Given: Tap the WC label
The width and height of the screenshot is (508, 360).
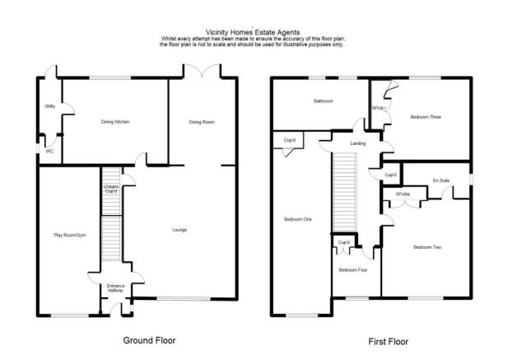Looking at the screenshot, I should pyautogui.click(x=49, y=152).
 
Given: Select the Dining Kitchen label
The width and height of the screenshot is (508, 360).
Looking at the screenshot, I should pyautogui.click(x=114, y=122).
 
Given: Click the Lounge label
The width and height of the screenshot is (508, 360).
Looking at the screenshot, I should pyautogui.click(x=179, y=229).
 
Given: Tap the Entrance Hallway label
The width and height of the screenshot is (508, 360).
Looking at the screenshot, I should pyautogui.click(x=116, y=288).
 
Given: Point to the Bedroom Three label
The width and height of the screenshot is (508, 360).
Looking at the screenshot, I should pyautogui.click(x=426, y=117).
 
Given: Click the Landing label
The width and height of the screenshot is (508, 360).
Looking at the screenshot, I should pyautogui.click(x=358, y=143).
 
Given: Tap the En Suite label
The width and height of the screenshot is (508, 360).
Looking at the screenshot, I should pyautogui.click(x=441, y=180).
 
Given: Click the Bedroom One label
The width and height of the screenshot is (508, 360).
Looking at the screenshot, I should pyautogui.click(x=298, y=219).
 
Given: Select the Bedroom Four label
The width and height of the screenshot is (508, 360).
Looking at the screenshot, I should pyautogui.click(x=353, y=269).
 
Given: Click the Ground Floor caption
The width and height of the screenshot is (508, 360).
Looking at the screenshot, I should pyautogui.click(x=149, y=339).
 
